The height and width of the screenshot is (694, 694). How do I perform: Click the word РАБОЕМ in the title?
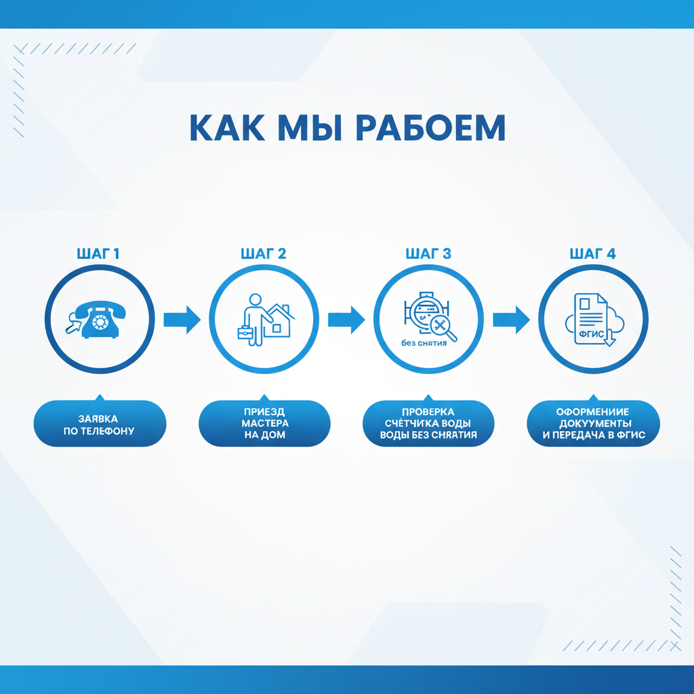(430, 127)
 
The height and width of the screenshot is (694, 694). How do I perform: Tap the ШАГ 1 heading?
(98, 253)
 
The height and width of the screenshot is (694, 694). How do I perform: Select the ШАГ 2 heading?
(264, 253)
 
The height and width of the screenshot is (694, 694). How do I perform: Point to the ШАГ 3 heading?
(428, 253)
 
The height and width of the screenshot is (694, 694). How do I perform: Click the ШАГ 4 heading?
(592, 253)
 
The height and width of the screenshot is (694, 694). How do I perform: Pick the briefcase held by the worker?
(245, 332)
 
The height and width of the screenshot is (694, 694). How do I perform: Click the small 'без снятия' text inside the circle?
(424, 343)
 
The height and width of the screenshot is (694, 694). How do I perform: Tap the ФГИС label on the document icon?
(591, 333)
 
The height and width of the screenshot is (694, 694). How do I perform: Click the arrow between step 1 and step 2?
(182, 320)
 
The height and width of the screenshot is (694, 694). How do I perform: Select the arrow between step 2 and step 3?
(346, 320)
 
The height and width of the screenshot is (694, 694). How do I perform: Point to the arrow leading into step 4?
(511, 320)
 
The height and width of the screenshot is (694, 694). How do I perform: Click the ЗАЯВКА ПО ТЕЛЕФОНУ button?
(100, 424)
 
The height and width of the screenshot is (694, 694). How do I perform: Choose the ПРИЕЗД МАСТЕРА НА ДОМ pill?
(265, 424)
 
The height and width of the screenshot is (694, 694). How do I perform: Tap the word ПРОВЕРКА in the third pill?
(428, 411)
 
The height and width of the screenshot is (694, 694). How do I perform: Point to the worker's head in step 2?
(255, 300)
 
